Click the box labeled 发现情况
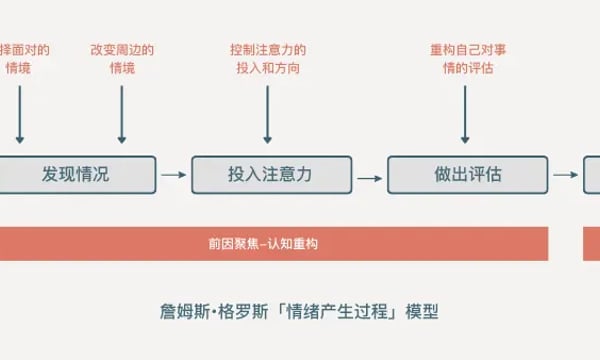click(75, 174)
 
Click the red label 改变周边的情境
click(122, 58)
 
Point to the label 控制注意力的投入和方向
click(267, 58)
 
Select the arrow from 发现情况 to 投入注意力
click(173, 175)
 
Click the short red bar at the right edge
click(591, 243)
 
